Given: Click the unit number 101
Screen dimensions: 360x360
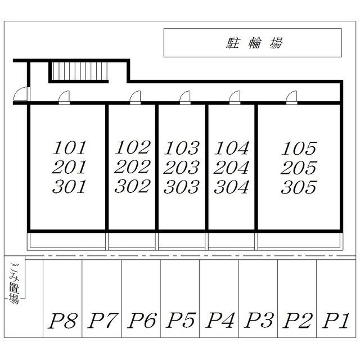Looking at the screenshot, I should click(x=70, y=148).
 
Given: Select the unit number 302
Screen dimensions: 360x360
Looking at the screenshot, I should click(x=133, y=186).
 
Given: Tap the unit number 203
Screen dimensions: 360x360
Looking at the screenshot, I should click(x=182, y=168).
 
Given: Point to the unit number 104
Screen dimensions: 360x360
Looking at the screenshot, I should click(x=232, y=148).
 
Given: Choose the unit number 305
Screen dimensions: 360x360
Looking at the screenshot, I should click(x=299, y=187).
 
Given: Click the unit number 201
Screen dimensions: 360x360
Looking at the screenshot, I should click(x=70, y=168).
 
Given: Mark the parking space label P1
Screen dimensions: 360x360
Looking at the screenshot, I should click(x=335, y=321).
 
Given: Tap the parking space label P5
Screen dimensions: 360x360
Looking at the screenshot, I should click(x=180, y=321).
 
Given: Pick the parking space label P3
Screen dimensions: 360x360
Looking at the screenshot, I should click(x=258, y=321).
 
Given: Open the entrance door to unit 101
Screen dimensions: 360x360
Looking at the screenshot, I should click(x=65, y=98).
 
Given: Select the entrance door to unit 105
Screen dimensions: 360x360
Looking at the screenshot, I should click(x=291, y=98).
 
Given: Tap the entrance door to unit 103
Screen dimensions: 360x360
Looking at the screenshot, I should click(x=185, y=98).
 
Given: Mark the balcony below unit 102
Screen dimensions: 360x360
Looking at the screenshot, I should click(x=132, y=241).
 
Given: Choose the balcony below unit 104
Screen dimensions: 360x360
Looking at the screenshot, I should click(x=232, y=241).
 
